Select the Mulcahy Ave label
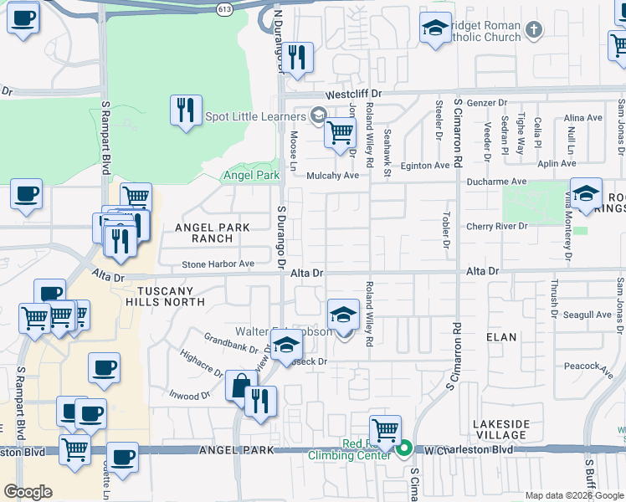332,176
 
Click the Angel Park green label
250,176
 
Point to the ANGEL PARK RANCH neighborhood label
203,233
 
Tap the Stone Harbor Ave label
218,264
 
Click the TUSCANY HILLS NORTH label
165,296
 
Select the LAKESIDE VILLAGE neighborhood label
500,429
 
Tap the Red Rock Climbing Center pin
404,449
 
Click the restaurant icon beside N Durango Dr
298,58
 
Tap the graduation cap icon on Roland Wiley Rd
342,315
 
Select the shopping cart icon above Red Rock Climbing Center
385,430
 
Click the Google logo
28,492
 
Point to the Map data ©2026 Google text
574,495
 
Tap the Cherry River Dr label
497,227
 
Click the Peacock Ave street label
583,366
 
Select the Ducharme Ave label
497,181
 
